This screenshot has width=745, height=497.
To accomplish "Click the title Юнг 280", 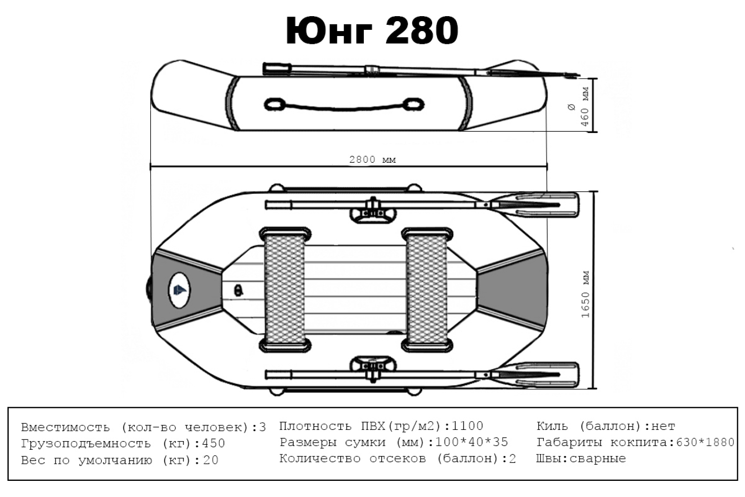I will click(372, 31).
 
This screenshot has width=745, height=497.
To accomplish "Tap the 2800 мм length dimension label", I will click(372, 160).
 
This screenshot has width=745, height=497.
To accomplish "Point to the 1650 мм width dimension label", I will click(585, 294).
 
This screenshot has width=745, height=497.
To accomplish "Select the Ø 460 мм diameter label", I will click(579, 106).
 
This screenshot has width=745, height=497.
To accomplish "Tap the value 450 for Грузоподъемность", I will click(213, 443).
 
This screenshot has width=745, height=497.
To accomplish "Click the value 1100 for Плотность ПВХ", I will click(467, 426).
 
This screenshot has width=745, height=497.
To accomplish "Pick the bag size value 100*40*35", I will click(471, 442).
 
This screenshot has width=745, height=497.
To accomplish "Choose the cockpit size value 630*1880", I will click(705, 442).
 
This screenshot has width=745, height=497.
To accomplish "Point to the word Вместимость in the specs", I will click(65, 427).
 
